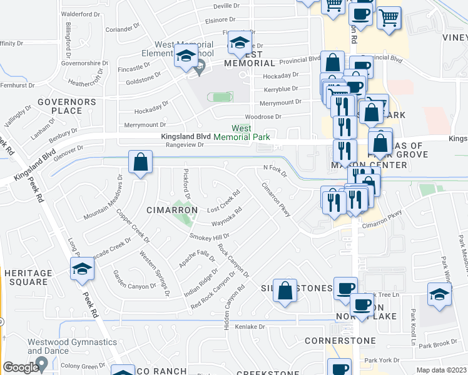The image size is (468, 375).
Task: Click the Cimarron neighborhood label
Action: coord(173,209)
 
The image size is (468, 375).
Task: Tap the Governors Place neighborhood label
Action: coord(66,106)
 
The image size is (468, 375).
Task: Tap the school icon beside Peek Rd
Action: coord(82,270)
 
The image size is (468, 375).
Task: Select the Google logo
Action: coord(20,368)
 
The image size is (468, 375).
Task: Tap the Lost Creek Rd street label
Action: coord(224,201)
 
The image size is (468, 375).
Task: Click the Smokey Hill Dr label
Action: coord(210,237)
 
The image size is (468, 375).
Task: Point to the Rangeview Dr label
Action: coord(184,144)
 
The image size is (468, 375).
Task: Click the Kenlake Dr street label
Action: coord(250,327)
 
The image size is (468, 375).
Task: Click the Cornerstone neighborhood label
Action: coord(340,341)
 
